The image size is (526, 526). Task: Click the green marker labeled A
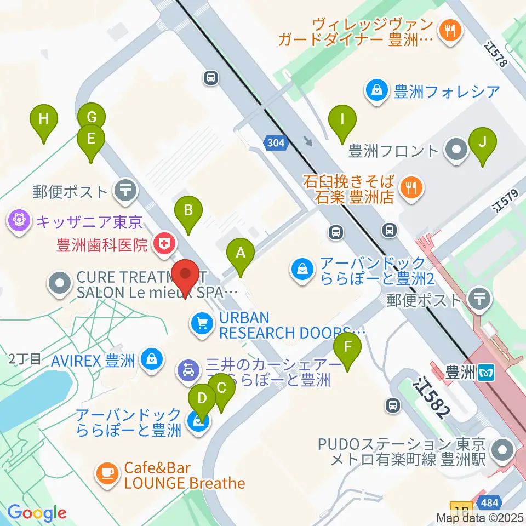click(x=240, y=253)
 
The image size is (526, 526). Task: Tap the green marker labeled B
click(x=188, y=210)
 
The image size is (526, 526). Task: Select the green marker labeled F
click(x=348, y=347)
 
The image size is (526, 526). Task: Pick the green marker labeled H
click(x=44, y=119)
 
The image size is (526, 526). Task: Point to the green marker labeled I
click(x=342, y=119)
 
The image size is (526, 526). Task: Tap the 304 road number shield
click(x=277, y=144)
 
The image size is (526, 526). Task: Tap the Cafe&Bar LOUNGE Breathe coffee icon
click(x=106, y=472)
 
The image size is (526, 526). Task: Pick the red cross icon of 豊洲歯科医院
click(x=163, y=243)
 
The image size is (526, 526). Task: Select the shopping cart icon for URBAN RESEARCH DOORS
click(x=200, y=324)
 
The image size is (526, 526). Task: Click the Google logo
click(x=36, y=512)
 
